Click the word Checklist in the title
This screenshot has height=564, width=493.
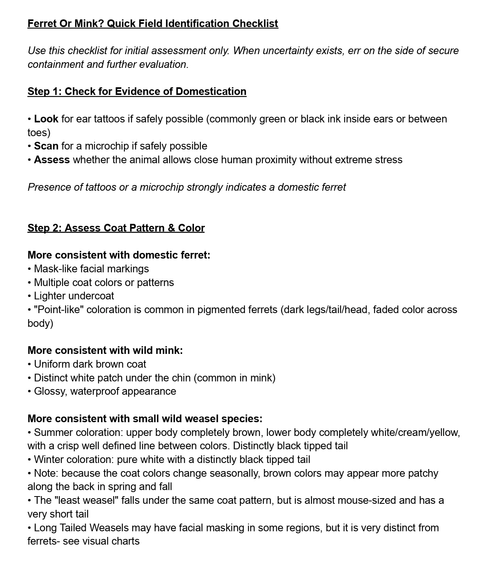click(x=255, y=23)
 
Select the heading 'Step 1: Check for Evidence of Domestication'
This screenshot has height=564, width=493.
click(x=137, y=91)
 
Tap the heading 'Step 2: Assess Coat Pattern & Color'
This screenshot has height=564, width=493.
click(x=116, y=228)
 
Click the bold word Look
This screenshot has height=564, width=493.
click(x=46, y=119)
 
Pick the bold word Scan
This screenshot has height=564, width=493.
click(x=46, y=146)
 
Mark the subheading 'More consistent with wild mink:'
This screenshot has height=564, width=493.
click(x=105, y=350)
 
